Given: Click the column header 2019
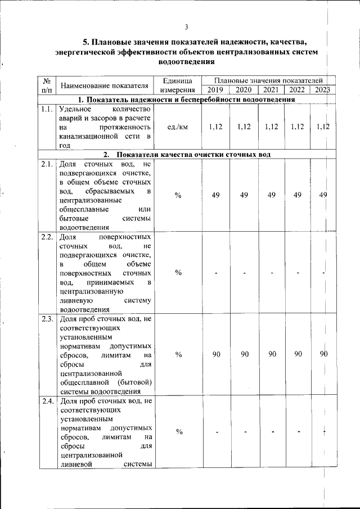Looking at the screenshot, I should (x=215, y=90).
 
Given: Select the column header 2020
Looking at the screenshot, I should (x=244, y=90).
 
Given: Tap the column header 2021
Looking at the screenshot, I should (x=271, y=90).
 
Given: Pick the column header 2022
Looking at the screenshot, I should (x=298, y=90).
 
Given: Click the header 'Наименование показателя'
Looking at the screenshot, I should (x=105, y=86).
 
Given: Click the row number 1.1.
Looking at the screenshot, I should (x=47, y=110).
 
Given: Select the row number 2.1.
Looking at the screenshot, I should (x=47, y=165).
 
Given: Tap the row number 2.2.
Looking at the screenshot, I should (x=47, y=237).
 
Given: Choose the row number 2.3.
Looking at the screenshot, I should (x=47, y=319).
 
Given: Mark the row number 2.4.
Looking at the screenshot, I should (x=47, y=401).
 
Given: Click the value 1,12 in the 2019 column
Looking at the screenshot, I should (x=215, y=127).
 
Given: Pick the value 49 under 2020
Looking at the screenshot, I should (x=244, y=195).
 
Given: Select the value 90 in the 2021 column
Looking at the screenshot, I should (x=271, y=354).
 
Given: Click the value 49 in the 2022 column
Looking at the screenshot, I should (x=298, y=195).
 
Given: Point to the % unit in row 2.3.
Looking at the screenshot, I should (x=178, y=355).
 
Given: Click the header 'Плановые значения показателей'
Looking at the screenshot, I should (x=267, y=82).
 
